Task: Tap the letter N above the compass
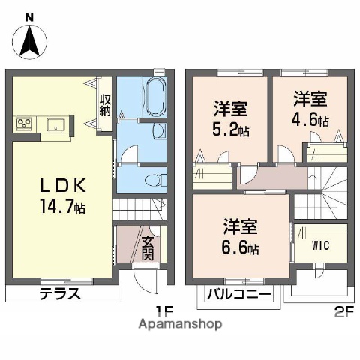pos(28,16)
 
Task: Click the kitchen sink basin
pos(55,124)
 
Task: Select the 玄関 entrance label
pos(148,248)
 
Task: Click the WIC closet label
pos(320,245)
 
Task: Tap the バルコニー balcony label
pos(239,294)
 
